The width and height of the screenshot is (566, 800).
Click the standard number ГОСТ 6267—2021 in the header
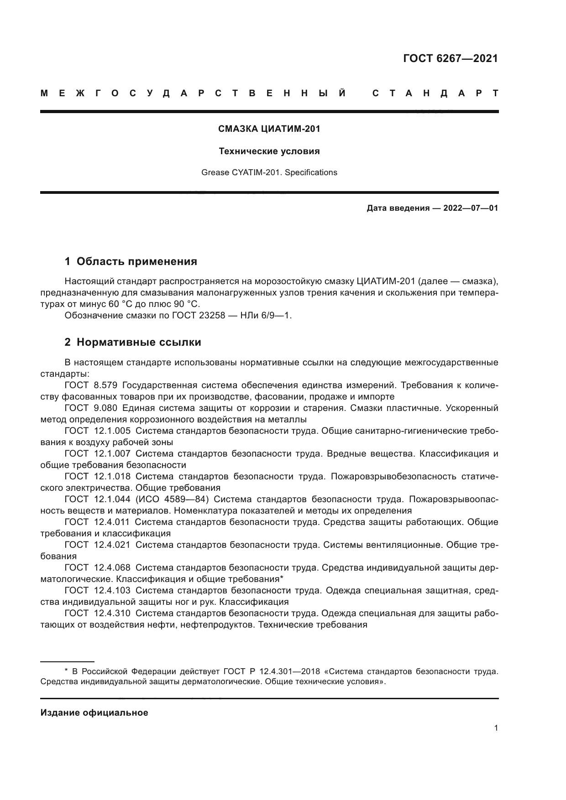point(451,58)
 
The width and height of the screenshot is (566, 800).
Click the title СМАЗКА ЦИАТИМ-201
point(269,129)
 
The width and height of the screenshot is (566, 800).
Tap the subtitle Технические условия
point(269,151)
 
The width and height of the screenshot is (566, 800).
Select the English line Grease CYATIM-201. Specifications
point(269,172)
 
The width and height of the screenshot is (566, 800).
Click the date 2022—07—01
point(471,208)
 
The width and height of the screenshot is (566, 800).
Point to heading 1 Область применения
point(131,261)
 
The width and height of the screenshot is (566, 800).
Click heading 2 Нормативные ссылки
point(133,342)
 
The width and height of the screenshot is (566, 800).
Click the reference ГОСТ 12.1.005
point(98,431)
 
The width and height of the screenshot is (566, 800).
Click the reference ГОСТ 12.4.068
point(98,568)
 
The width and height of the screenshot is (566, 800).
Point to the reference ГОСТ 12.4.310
point(98,613)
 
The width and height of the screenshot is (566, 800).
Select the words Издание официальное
point(94,713)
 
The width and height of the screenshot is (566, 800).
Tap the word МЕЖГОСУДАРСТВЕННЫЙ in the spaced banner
point(193,94)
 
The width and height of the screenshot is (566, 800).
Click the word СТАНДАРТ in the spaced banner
point(435,94)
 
